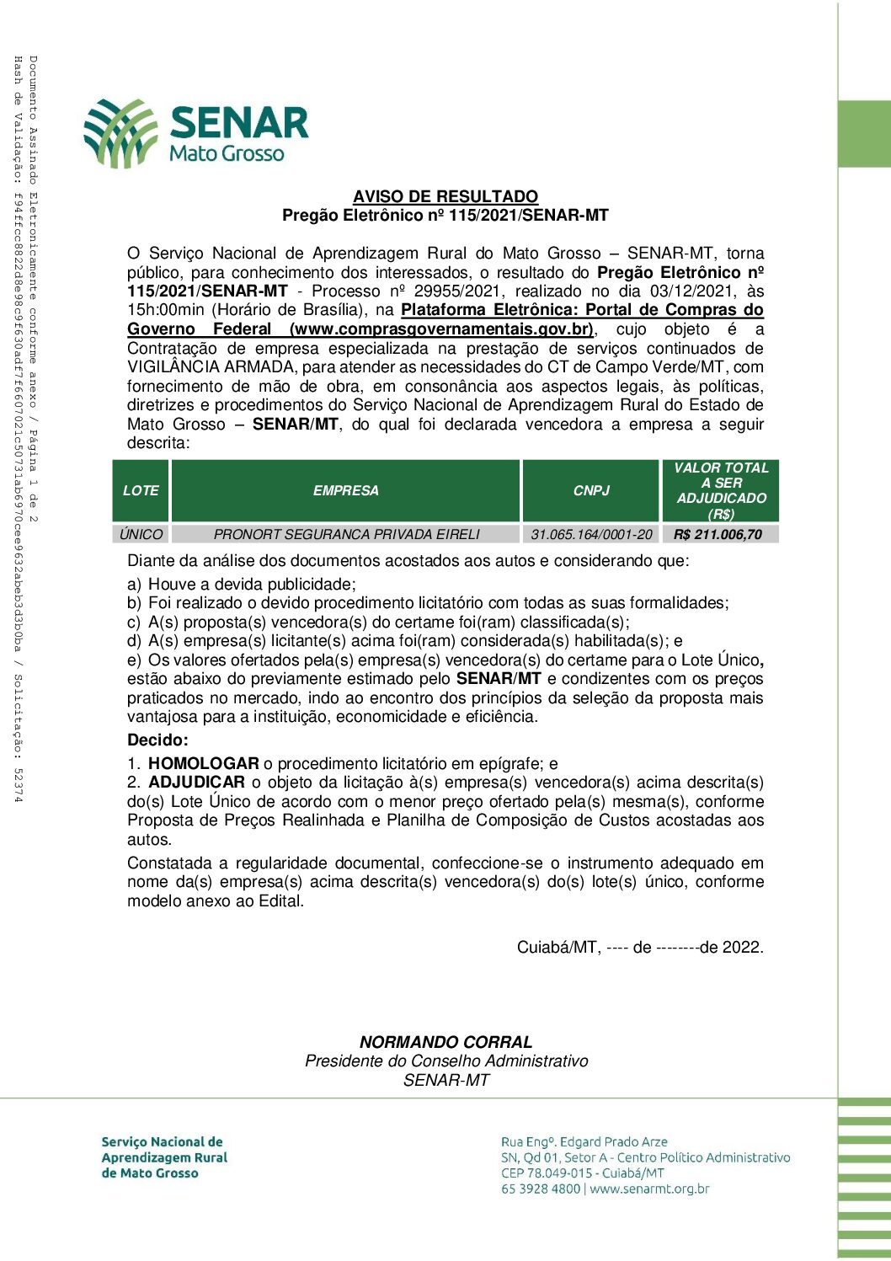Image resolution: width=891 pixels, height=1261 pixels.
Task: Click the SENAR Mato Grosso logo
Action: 195,133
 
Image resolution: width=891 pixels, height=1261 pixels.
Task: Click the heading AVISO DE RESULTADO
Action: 445,196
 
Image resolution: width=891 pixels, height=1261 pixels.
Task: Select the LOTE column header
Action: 141,490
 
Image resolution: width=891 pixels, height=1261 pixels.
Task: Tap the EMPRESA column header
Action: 346,490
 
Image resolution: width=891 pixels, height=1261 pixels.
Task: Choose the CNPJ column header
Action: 591,490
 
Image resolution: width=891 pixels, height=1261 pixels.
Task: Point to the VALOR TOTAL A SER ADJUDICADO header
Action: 721,490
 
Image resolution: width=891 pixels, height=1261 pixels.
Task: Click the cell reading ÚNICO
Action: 141,534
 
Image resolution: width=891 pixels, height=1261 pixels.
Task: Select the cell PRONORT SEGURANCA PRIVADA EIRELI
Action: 346,534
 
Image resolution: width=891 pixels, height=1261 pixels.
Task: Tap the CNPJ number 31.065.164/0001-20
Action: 591,534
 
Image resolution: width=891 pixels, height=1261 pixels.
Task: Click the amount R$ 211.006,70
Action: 718,534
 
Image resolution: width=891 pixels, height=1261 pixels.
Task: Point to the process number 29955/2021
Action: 464,291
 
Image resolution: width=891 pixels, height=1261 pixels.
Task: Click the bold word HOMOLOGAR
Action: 204,764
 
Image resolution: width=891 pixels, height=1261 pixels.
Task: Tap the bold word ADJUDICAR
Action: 196,783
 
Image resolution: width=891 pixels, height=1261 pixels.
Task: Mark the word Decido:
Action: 157,740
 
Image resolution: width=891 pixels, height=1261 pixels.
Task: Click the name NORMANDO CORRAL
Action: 445,1042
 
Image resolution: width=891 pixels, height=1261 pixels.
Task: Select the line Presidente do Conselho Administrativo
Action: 446,1061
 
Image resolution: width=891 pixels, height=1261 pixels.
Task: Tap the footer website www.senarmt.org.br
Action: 649,1189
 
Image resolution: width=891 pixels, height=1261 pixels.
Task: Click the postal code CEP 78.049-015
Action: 547,1173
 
